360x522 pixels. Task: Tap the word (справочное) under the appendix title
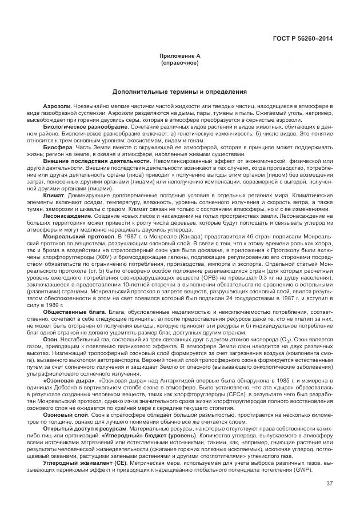(180, 62)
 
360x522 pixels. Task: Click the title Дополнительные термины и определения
(180, 91)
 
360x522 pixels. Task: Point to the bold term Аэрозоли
(57, 107)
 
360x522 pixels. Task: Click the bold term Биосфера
(58, 146)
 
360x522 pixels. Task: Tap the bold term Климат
(54, 194)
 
